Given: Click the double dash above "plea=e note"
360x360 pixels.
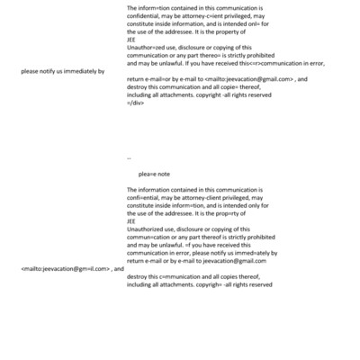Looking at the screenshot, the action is point(130,158).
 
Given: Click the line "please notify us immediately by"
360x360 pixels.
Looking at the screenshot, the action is point(62,70).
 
